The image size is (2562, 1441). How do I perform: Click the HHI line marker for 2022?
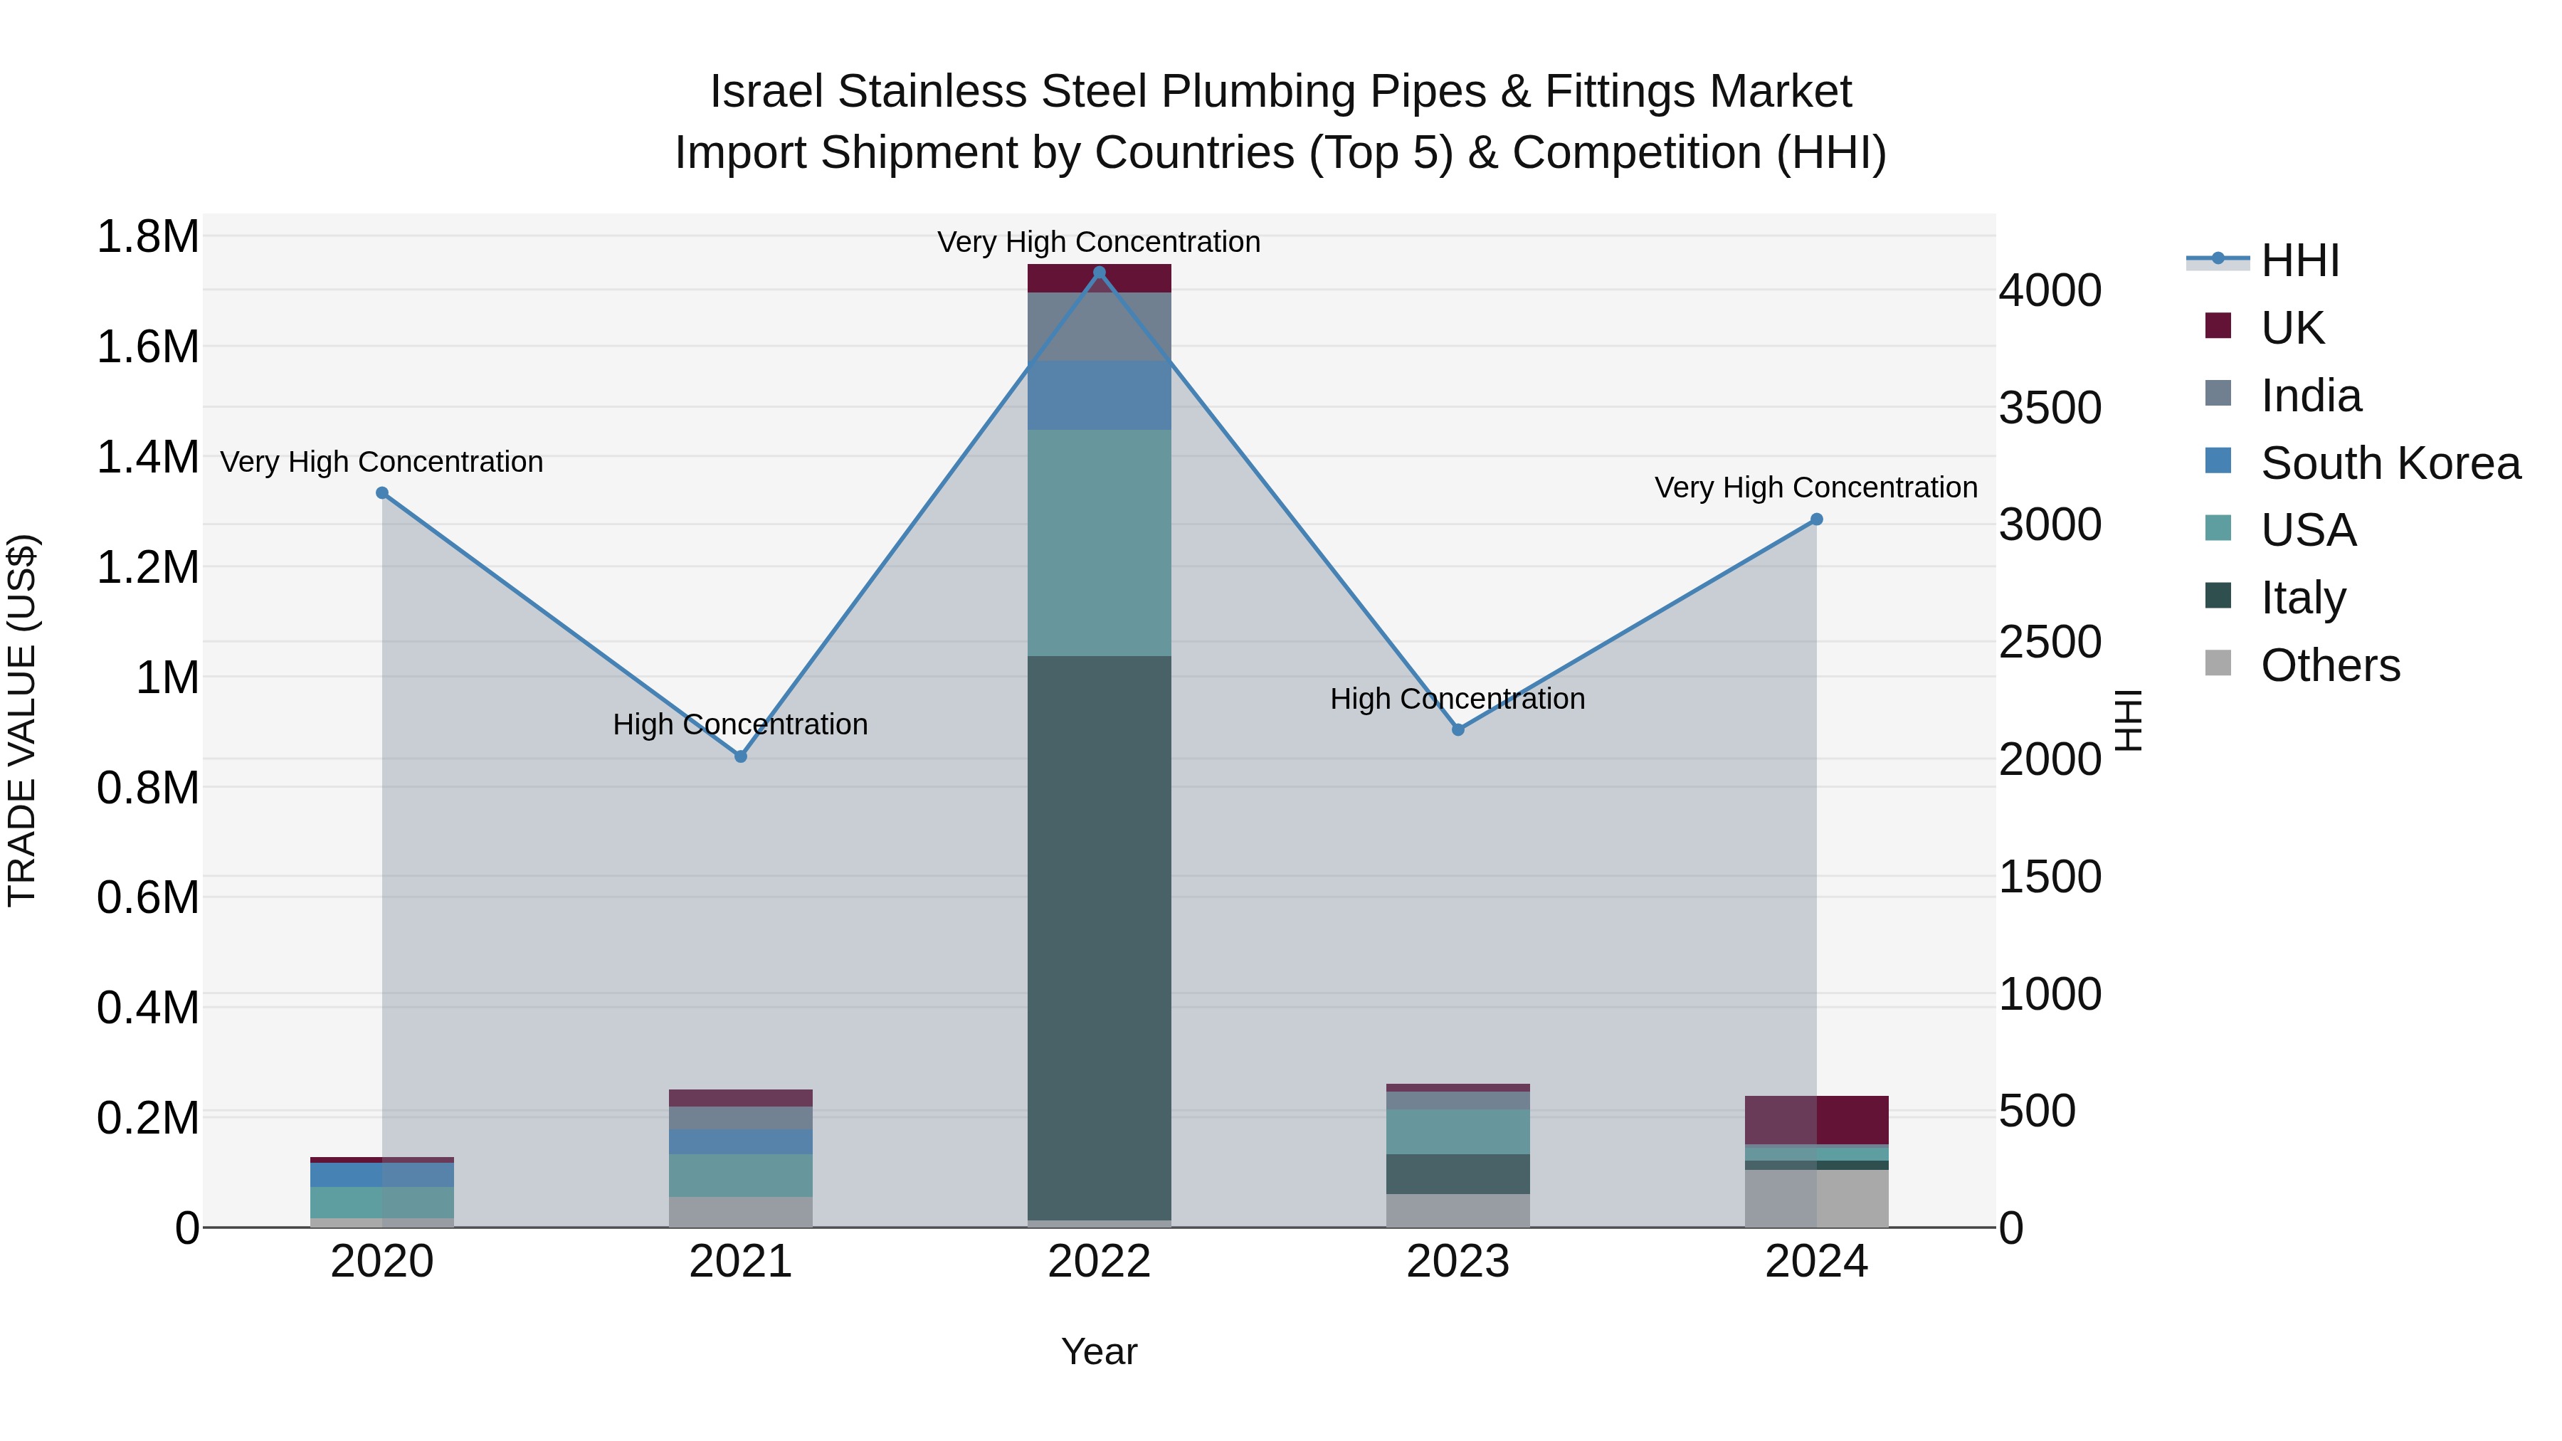point(1099,273)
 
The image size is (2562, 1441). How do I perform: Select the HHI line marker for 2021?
point(740,757)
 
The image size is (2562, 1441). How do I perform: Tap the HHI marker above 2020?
point(382,493)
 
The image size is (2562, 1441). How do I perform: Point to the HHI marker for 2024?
point(1816,519)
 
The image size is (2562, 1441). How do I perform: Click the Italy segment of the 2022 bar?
point(1099,935)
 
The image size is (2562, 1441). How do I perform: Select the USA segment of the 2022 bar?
point(1099,542)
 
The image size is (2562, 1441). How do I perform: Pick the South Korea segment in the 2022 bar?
point(1099,395)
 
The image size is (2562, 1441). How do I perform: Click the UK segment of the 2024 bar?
point(1816,1120)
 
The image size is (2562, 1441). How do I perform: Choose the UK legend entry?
point(2292,327)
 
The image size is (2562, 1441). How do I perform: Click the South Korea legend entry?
point(2389,463)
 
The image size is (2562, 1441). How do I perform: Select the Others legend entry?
point(2329,665)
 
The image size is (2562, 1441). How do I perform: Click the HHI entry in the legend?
point(2299,260)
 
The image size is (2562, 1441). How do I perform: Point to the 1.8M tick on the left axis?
point(147,237)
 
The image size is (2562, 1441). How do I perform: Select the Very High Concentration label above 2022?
point(1099,242)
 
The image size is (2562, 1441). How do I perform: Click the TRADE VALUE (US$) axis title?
point(22,720)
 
